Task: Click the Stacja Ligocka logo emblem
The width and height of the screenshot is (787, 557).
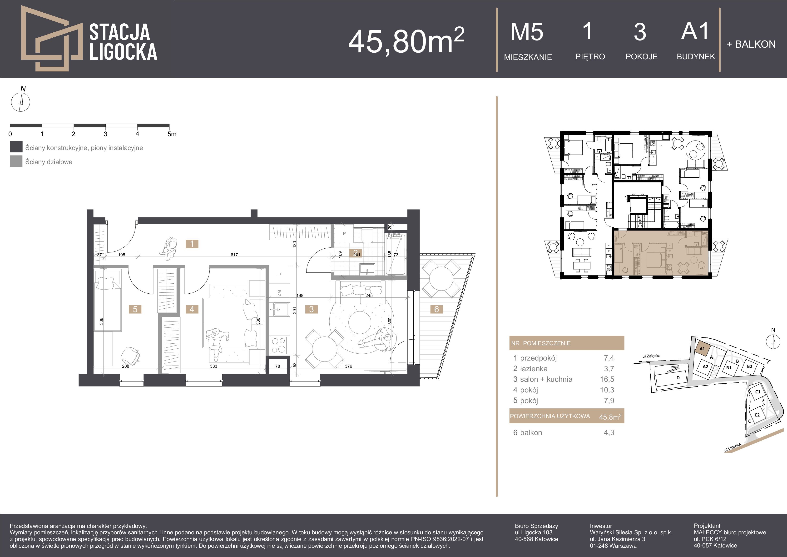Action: tap(51, 38)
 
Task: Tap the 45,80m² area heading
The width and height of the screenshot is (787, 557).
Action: tap(406, 41)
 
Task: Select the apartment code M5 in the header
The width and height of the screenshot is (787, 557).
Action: tap(527, 32)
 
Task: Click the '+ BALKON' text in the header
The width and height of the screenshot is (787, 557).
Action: tap(751, 44)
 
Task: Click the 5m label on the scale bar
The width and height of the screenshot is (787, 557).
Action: tap(172, 134)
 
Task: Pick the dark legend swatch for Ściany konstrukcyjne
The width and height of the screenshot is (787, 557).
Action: tap(16, 147)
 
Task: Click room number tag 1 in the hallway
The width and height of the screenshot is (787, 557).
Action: tap(192, 244)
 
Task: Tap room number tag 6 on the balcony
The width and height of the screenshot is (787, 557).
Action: tap(436, 309)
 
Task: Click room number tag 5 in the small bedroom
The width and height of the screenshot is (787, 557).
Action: tap(135, 309)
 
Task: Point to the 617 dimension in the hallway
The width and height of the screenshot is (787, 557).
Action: tap(234, 255)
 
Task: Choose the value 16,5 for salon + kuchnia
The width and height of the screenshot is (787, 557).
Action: tap(607, 379)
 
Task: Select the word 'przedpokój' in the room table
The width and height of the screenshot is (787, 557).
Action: tap(538, 358)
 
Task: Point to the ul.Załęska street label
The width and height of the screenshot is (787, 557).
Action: tap(651, 356)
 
